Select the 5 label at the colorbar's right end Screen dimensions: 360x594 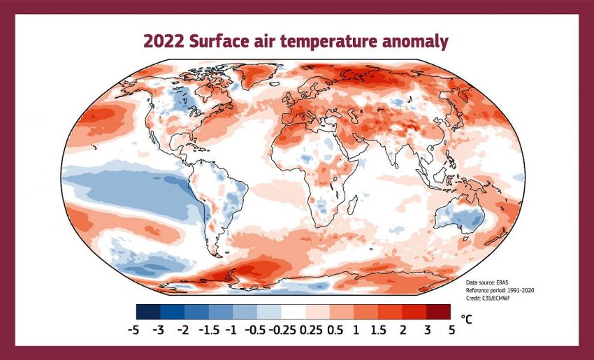click(452, 329)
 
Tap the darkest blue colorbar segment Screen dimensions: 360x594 click(148, 311)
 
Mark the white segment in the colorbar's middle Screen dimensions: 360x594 click(293, 311)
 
